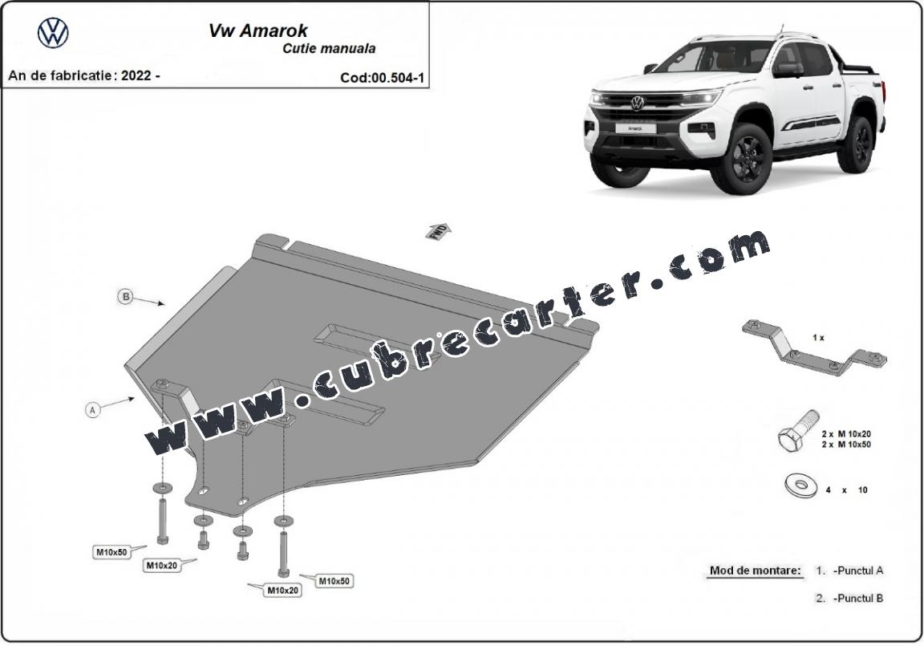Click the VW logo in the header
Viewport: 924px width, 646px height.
click(53, 32)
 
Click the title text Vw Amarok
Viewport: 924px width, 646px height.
click(258, 30)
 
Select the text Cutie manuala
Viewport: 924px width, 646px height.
click(329, 49)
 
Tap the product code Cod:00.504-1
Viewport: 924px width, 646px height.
click(383, 78)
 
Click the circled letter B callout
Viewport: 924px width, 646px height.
click(125, 296)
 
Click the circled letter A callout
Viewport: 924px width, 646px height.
click(92, 409)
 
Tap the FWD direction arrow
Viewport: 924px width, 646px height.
click(439, 231)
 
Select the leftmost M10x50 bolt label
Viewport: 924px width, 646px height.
click(112, 552)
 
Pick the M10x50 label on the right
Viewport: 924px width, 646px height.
click(334, 581)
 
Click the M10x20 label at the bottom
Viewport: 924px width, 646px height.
click(283, 590)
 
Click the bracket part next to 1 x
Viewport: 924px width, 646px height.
click(815, 350)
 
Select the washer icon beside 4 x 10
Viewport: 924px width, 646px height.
click(800, 486)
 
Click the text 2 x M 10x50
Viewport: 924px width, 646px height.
click(846, 445)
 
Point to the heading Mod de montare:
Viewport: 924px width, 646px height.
click(755, 571)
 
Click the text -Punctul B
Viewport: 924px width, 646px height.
click(858, 599)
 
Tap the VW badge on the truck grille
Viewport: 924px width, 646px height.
click(636, 104)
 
